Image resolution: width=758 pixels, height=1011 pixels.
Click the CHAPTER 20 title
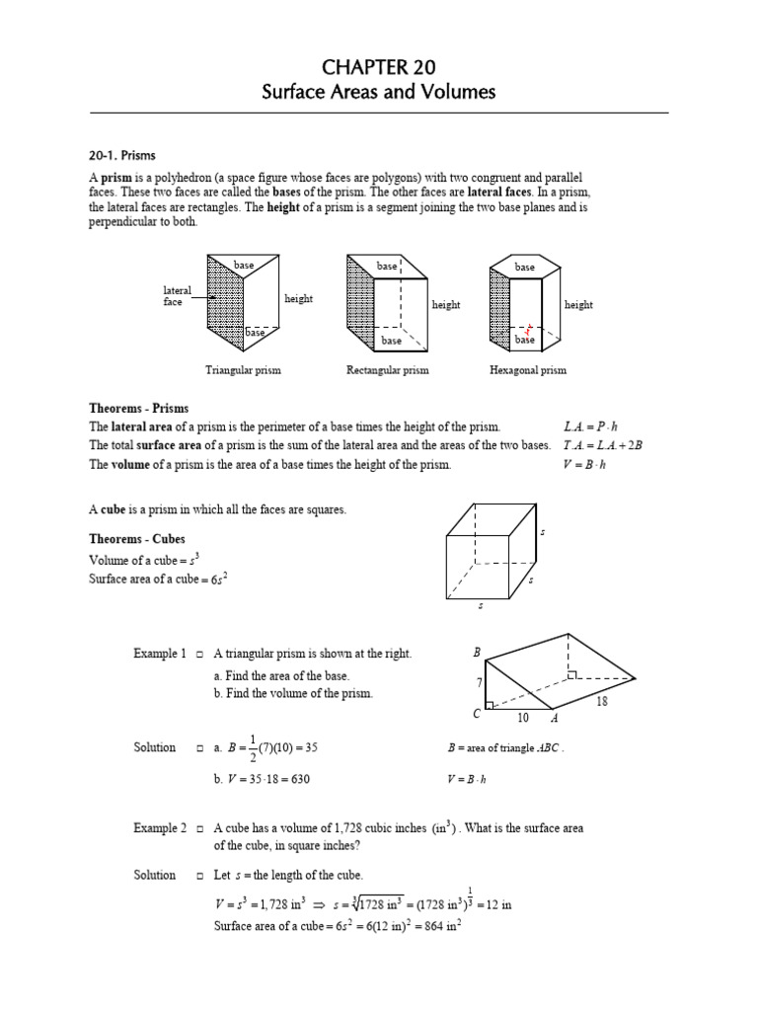[x=379, y=66]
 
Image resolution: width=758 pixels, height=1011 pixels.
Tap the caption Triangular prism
[x=243, y=370]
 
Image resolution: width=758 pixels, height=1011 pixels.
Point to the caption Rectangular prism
[x=387, y=370]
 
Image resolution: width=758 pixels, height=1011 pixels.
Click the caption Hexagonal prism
[x=528, y=370]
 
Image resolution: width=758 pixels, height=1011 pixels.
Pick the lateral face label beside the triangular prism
[x=177, y=296]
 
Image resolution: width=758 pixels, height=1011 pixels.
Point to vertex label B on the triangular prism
[x=477, y=654]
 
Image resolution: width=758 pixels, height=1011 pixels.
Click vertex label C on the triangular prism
[x=476, y=714]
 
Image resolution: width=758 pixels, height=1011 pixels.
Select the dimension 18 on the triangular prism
[x=602, y=701]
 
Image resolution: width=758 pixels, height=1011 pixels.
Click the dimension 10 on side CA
[x=523, y=717]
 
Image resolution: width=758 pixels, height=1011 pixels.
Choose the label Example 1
[x=160, y=655]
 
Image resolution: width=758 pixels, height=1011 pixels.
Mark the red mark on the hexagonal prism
[x=529, y=330]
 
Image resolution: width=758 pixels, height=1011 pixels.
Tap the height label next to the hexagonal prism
[x=578, y=305]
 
